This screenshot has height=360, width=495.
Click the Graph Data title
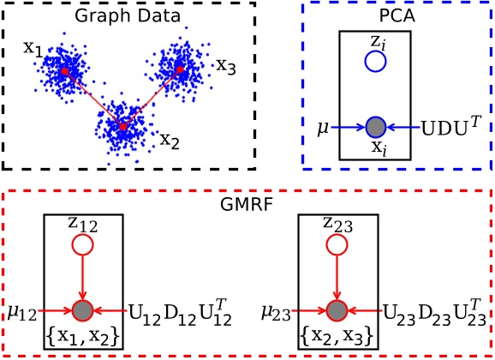tap(128, 15)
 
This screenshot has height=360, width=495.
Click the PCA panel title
tap(397, 15)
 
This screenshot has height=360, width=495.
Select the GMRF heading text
tap(246, 204)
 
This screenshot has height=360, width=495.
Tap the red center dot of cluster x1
tap(64, 71)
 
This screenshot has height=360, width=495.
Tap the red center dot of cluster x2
tap(123, 127)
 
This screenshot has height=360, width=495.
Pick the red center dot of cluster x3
tap(180, 69)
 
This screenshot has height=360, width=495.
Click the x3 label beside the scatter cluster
tap(226, 66)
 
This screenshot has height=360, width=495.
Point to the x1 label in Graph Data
tap(33, 49)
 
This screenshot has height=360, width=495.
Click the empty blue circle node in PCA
tap(375, 62)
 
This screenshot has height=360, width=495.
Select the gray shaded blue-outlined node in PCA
tap(376, 127)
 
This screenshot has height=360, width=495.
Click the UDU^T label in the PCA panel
tap(450, 126)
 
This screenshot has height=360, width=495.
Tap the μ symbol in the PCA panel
tap(323, 129)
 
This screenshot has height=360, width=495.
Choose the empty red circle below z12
tap(83, 244)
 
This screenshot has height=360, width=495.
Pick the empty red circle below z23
tap(337, 244)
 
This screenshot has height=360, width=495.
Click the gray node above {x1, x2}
tap(83, 310)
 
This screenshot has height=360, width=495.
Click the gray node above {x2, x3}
tap(337, 310)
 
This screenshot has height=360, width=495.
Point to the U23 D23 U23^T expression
tap(434, 313)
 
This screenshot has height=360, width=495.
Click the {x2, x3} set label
tap(337, 336)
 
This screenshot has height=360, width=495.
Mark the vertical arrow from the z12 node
tap(83, 278)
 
